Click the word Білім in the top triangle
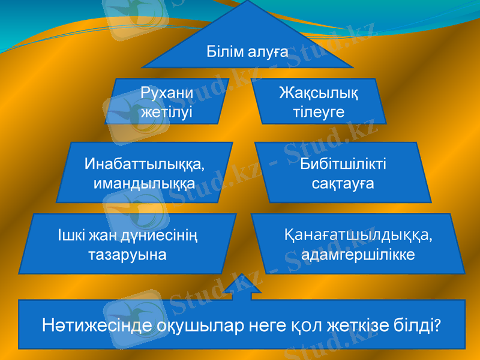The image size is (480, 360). pos(224,52)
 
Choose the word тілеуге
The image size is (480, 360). pos(319,112)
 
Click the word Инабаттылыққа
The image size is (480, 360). pos(144,163)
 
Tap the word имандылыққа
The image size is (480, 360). pos(144,182)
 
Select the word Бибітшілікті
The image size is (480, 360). pos(343,164)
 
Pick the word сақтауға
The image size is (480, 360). pos(343,182)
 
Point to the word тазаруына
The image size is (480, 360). pos(127,254)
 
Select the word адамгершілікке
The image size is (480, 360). pos(358,254)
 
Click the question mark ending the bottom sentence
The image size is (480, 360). pos(438,326)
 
